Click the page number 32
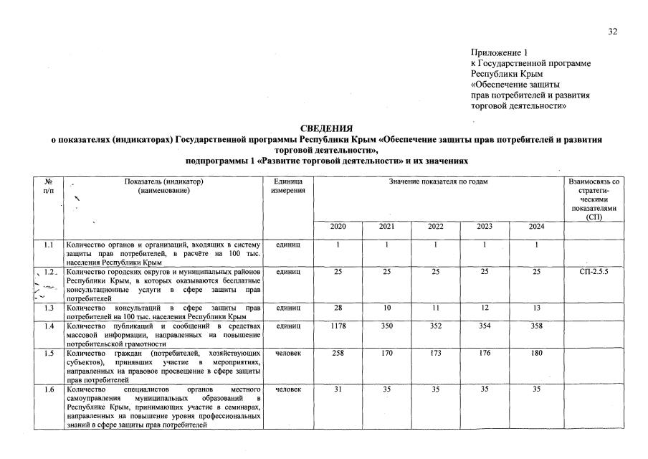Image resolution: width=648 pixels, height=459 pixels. click(x=612, y=31)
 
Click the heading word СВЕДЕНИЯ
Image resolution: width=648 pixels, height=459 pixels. click(x=326, y=128)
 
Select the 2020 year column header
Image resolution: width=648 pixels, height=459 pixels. click(x=338, y=227)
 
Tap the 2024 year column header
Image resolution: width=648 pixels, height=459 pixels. click(x=536, y=227)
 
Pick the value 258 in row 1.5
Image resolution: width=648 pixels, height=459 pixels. click(x=338, y=354)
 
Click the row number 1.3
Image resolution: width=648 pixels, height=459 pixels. click(x=49, y=308)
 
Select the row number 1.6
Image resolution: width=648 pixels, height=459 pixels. click(x=49, y=389)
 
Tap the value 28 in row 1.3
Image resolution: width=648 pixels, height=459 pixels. click(x=338, y=308)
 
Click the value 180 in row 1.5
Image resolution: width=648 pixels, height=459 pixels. click(x=536, y=354)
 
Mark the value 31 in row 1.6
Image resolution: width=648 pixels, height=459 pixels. click(x=338, y=389)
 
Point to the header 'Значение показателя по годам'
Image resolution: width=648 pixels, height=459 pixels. click(x=438, y=182)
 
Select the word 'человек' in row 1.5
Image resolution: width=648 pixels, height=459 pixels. click(x=287, y=354)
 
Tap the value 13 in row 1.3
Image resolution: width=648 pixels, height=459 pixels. click(x=536, y=308)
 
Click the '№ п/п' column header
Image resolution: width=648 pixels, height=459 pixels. click(x=49, y=186)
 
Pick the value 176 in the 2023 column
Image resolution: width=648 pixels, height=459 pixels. click(x=486, y=354)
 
